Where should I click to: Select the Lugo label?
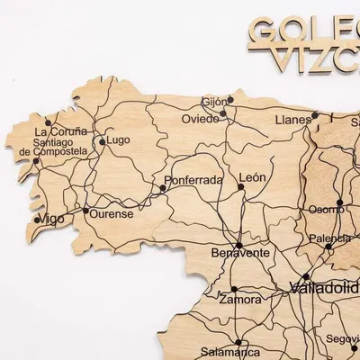coord(119,140)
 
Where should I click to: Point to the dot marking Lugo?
coord(103,141)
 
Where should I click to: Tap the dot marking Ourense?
coord(86,211)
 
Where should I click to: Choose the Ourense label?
coord(111,214)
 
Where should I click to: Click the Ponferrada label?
coord(193,180)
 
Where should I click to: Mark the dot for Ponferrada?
coord(162,189)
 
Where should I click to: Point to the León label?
coord(253,177)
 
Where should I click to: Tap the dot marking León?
coord(241,188)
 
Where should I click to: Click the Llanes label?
coord(293,119)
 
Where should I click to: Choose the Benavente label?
coord(240,255)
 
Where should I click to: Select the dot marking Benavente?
coord(238,244)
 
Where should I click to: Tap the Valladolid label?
coord(324,289)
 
